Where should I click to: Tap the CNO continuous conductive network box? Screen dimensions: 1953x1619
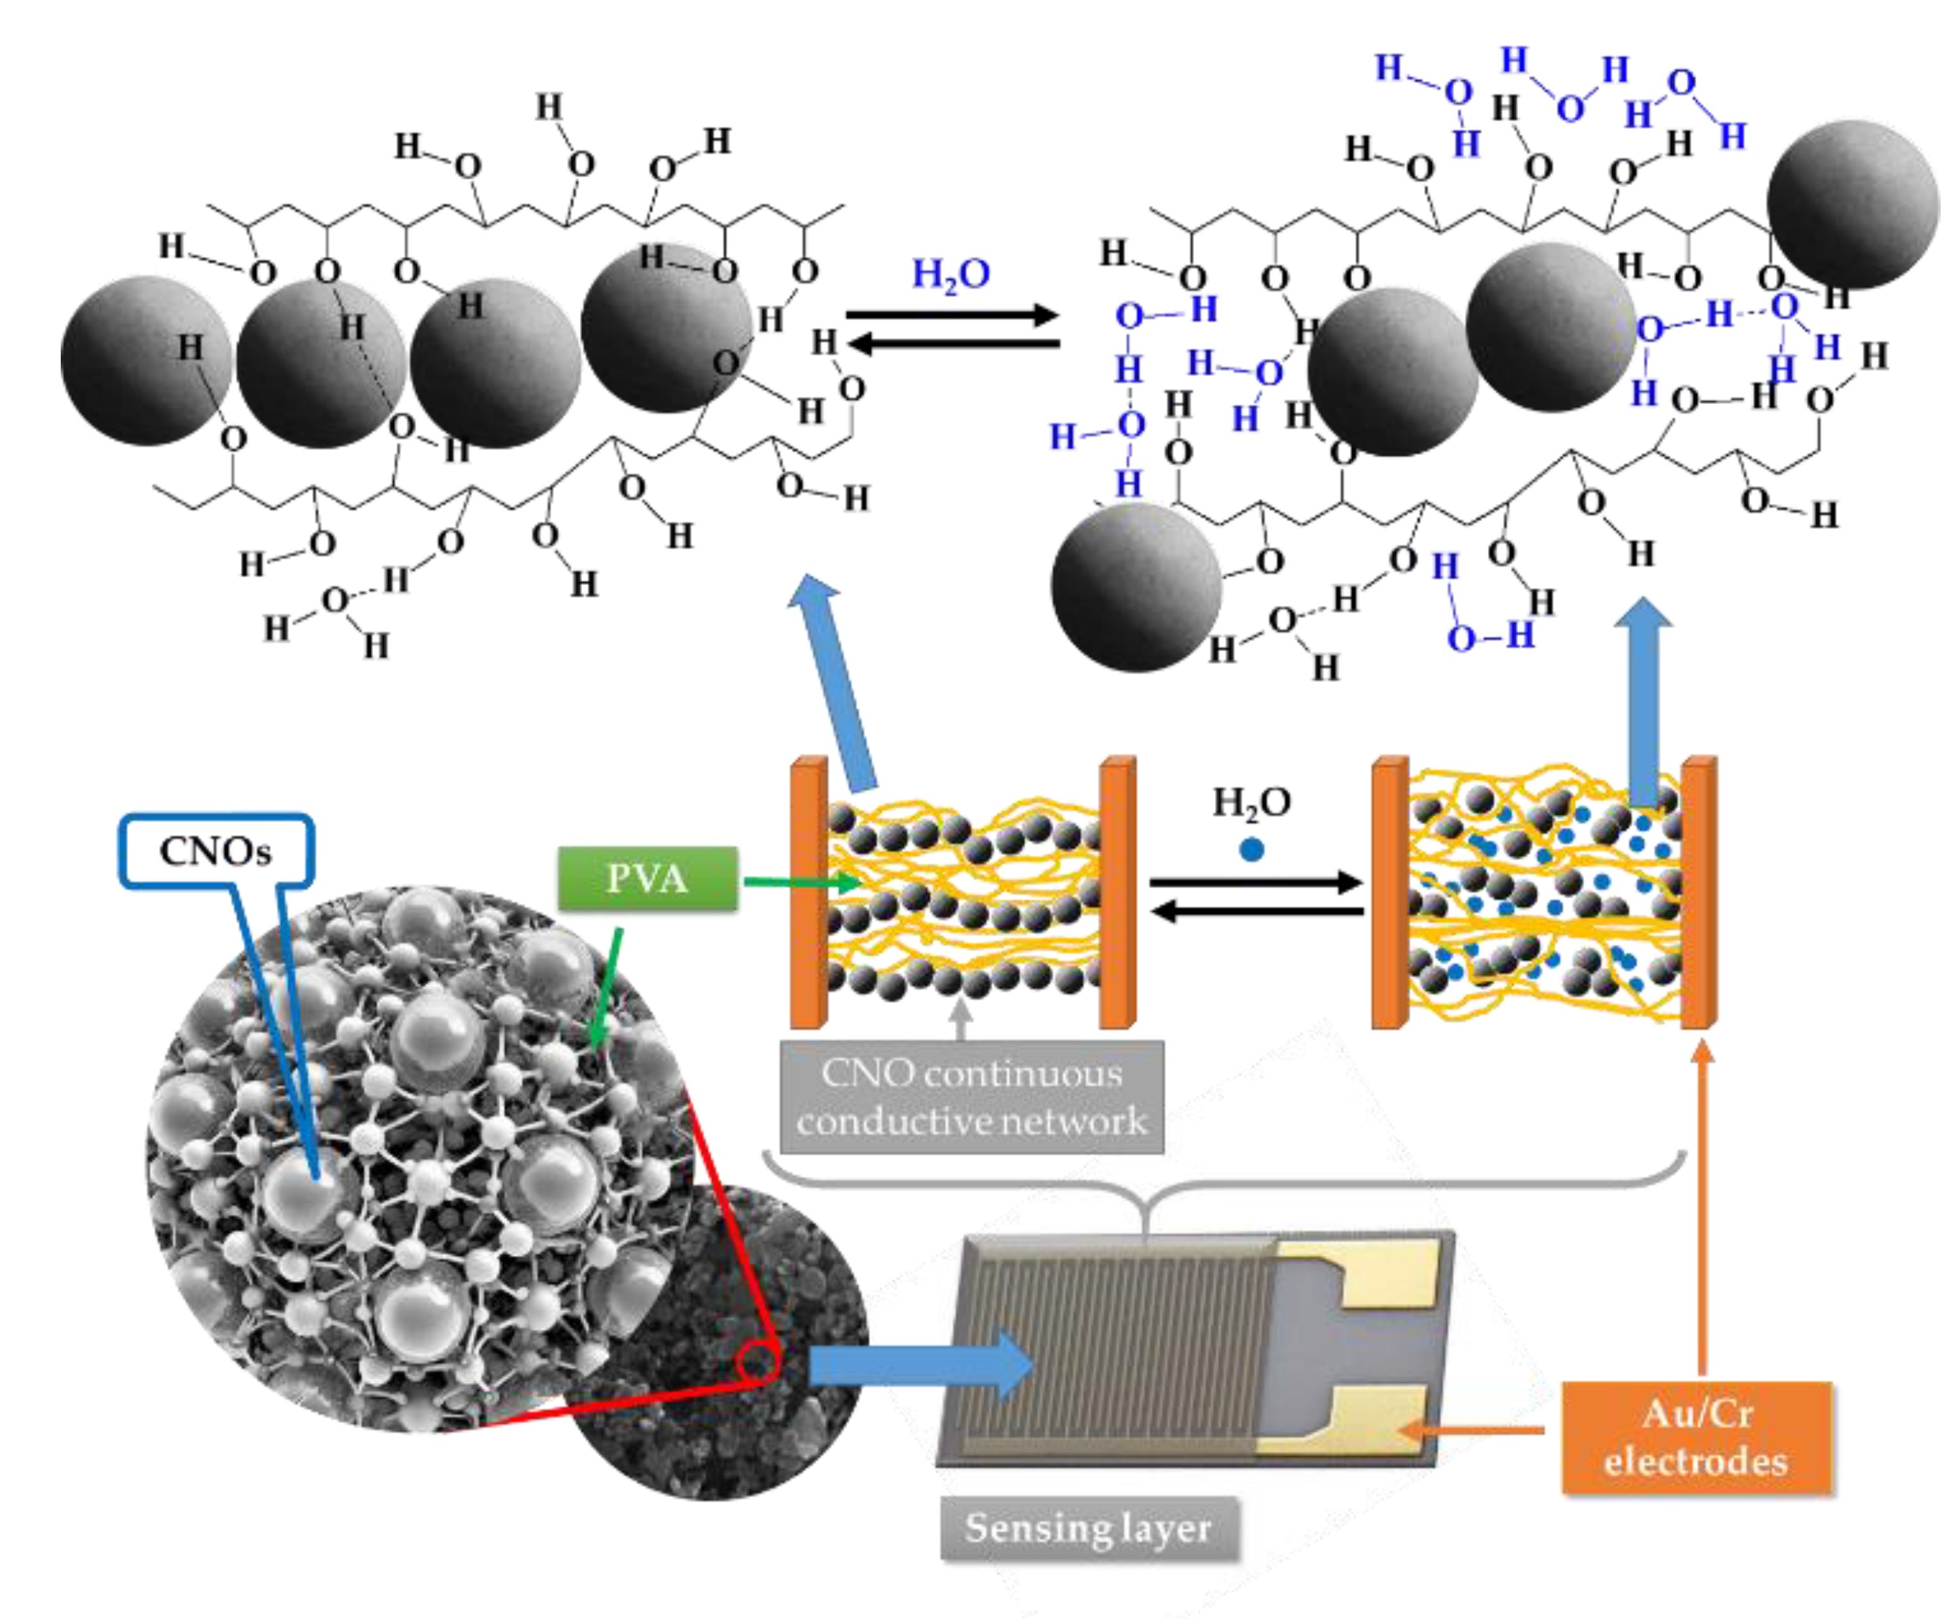(972, 1097)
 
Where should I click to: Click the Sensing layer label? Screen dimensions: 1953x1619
(1089, 1527)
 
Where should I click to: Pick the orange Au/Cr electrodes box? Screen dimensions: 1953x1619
(1696, 1437)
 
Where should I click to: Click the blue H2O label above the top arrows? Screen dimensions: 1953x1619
(950, 275)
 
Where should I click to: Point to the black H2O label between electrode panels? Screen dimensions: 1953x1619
(1251, 803)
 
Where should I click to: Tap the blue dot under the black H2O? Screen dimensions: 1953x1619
(1251, 850)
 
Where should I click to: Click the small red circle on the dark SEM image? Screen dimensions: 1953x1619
(758, 1364)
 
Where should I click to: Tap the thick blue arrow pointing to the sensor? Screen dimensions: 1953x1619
(921, 1365)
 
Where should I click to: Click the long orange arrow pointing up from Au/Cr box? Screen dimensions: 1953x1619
(1703, 1210)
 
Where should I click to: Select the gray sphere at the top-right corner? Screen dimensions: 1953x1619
(1852, 205)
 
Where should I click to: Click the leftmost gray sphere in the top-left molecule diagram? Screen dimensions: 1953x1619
(146, 360)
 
